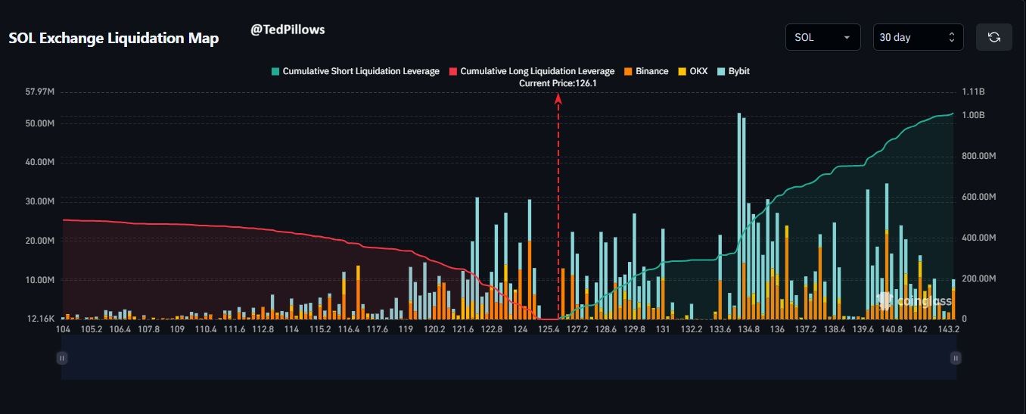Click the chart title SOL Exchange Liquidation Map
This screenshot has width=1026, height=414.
(113, 39)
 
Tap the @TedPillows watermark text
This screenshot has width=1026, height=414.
(288, 30)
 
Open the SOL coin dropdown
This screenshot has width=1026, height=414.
(822, 37)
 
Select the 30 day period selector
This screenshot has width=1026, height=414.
(918, 37)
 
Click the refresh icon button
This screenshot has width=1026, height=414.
(993, 37)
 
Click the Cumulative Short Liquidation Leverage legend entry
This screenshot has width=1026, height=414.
(356, 71)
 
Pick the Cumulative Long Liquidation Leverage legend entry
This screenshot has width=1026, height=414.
(532, 71)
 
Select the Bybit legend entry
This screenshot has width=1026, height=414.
(733, 71)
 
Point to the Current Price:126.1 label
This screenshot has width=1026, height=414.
(558, 83)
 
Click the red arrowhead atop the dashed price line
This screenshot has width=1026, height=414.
(558, 97)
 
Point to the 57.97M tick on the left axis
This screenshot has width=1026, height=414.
(39, 92)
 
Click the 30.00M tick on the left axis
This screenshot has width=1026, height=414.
(39, 201)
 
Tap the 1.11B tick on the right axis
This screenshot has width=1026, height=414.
(973, 92)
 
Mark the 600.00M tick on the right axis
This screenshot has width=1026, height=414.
(978, 197)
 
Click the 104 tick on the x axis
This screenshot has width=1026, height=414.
(63, 330)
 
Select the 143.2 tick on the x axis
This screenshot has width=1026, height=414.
(949, 330)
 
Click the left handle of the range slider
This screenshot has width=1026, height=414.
(63, 358)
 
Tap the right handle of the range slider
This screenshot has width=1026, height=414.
(956, 358)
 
